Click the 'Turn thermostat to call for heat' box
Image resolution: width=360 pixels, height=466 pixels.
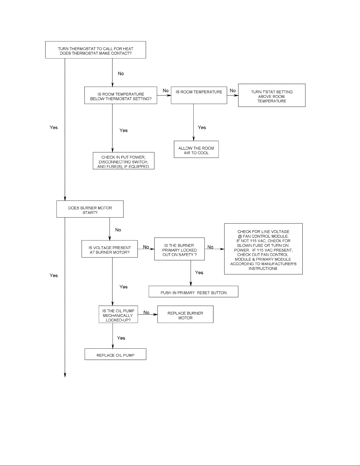point(96,50)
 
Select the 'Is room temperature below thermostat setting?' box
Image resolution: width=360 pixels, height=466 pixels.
point(121,96)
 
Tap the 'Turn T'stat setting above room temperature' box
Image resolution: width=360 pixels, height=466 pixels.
point(272,95)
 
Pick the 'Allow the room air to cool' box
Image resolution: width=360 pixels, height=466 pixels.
point(196,149)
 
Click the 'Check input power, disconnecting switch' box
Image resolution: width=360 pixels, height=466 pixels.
point(124,161)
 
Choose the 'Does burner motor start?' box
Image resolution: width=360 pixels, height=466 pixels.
point(90,209)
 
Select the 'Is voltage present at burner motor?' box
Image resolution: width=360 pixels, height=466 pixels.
point(110,249)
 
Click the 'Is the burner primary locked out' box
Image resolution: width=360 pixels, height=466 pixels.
point(179,249)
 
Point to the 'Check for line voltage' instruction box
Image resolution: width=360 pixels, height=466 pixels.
point(263,249)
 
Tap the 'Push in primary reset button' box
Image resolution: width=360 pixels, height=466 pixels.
point(193,291)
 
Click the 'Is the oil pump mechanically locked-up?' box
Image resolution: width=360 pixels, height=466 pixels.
point(118,314)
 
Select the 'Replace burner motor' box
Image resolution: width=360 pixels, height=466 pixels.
point(185,314)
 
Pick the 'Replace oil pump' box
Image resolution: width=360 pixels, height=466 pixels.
point(115,354)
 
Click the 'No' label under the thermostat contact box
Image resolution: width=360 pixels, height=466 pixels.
point(121,74)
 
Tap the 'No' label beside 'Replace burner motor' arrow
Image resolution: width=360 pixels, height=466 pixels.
point(146,313)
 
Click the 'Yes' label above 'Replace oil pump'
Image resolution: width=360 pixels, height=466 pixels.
point(121,338)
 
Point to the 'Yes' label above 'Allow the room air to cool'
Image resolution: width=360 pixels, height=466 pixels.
point(202,127)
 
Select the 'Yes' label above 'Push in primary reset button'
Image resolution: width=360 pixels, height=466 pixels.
point(199,273)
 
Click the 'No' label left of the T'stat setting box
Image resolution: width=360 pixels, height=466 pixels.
point(233,91)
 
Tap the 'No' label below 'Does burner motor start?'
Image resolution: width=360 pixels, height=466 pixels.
point(118,230)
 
